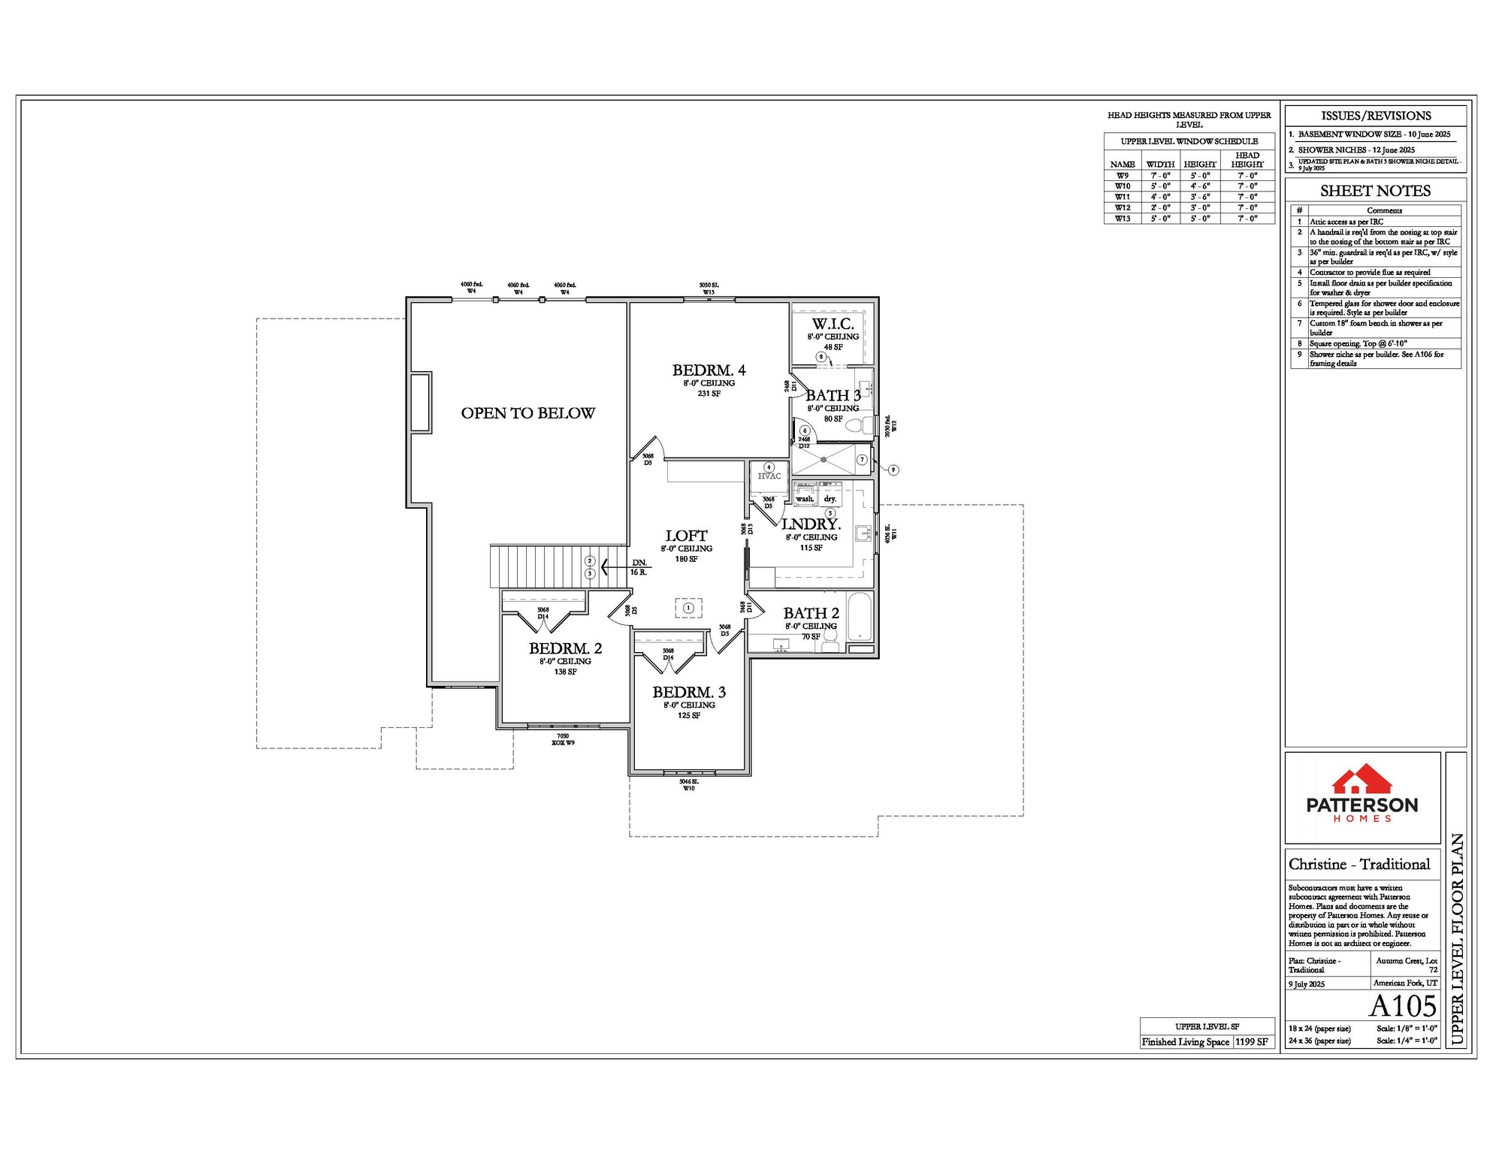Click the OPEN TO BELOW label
527,413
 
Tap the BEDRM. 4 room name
709,370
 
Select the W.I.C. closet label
833,324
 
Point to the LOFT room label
686,536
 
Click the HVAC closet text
769,476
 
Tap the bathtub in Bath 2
860,618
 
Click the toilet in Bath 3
857,425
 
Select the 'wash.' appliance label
805,499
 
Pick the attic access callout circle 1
688,608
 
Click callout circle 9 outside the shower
893,470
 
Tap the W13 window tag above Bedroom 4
709,292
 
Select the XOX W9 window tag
563,743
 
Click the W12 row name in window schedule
1122,207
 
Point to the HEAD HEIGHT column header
1247,160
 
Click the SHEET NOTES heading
1375,191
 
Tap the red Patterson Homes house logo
1362,780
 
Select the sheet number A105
1402,1006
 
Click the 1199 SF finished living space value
1251,1042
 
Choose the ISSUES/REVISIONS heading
1375,116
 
